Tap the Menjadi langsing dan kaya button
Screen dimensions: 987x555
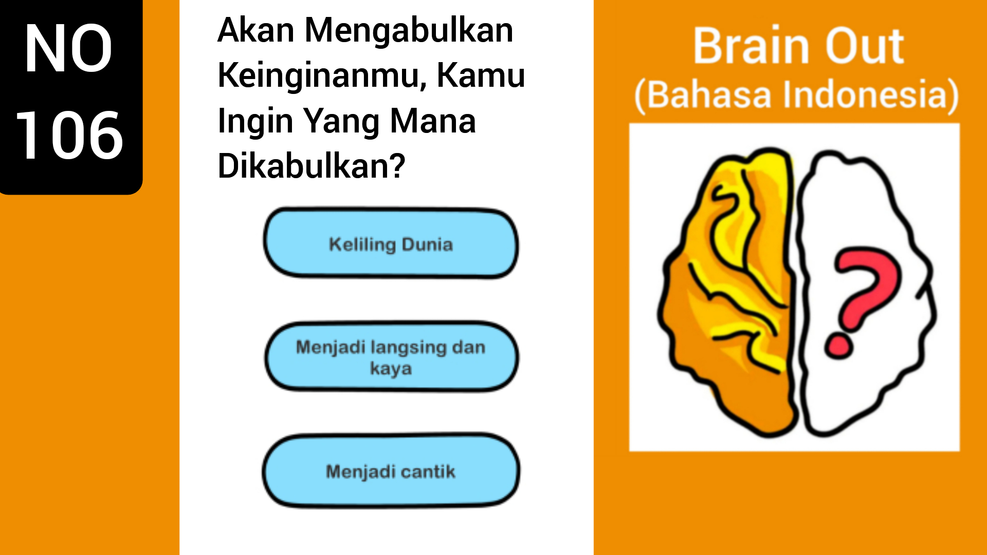(x=391, y=357)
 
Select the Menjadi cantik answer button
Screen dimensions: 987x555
(x=391, y=471)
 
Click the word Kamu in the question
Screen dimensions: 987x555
(x=481, y=76)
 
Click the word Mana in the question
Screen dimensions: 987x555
(x=433, y=122)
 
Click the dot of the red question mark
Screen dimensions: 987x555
(x=838, y=346)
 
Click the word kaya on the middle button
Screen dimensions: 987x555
(x=391, y=369)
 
